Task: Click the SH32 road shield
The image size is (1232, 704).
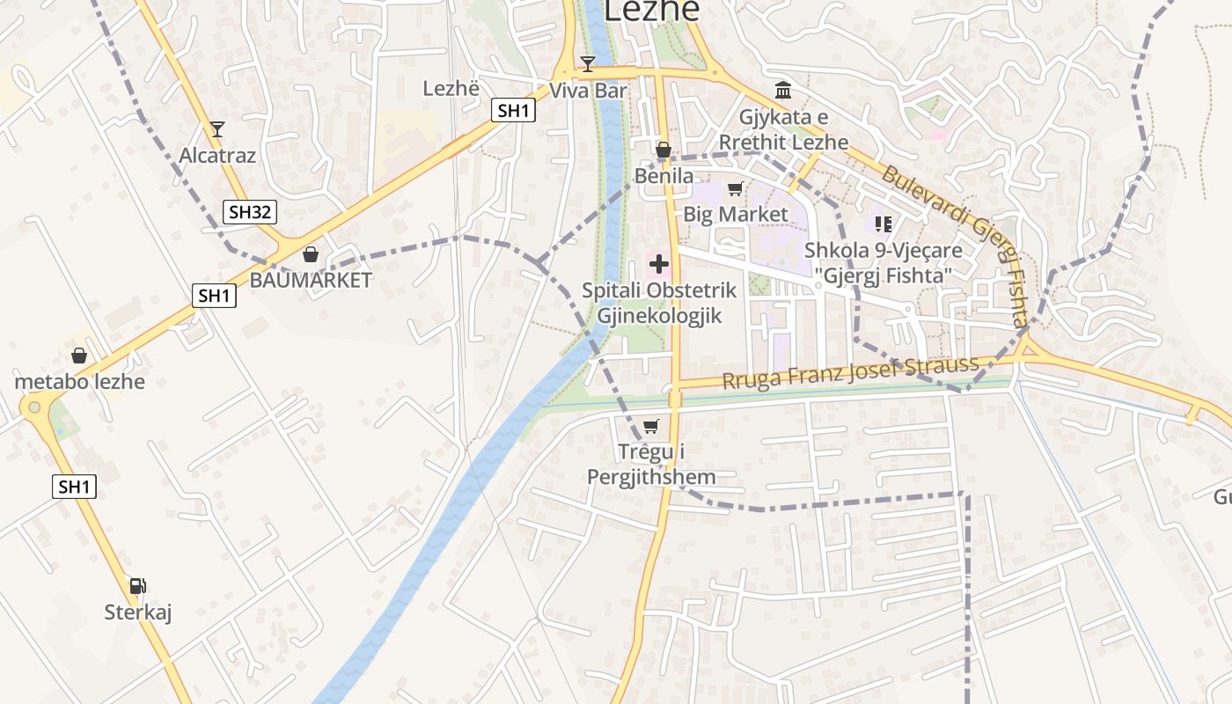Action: pos(251,212)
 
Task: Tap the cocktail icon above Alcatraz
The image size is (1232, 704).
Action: pos(217,129)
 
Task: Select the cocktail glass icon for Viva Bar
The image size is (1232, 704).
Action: pos(588,63)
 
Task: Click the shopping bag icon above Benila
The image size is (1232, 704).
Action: pos(664,150)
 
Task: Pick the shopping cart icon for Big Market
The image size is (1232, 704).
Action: pos(736,188)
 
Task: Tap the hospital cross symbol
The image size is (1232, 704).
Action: pos(659,263)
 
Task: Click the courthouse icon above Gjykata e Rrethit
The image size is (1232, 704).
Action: pos(783,90)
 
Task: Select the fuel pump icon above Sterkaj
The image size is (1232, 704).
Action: pos(137,586)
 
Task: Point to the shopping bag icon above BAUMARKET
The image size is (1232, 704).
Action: pos(311,254)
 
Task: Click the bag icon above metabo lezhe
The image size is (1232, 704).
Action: pos(79,356)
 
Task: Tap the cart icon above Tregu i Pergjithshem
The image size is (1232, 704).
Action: pos(650,427)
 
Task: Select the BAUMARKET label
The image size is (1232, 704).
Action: pos(311,281)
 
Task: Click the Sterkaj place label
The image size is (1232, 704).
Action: pos(138,612)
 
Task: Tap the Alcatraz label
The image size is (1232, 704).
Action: pos(217,156)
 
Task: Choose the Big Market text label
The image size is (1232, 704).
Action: pos(736,215)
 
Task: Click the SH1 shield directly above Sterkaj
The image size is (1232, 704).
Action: pos(74,487)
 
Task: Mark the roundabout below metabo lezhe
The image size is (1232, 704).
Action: pos(34,406)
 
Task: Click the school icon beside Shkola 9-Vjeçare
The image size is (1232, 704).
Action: pos(883,224)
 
